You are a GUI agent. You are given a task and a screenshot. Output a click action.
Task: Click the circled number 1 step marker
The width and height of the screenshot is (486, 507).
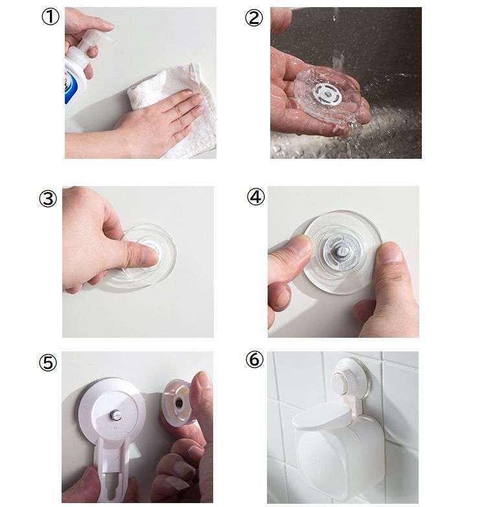point(51,17)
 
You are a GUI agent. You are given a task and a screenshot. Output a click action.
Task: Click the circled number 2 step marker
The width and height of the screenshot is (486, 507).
point(253,18)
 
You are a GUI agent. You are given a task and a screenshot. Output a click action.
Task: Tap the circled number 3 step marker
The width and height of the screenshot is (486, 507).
point(48,198)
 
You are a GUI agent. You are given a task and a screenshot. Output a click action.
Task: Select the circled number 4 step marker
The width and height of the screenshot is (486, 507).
point(256,197)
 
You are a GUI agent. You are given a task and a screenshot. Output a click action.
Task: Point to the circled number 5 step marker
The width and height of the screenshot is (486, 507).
point(48,362)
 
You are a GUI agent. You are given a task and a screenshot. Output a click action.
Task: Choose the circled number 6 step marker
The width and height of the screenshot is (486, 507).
point(255,360)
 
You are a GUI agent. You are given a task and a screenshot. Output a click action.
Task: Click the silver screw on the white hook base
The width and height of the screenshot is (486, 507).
point(116,414)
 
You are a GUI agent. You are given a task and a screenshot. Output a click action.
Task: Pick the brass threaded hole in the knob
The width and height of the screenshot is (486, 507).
point(179,402)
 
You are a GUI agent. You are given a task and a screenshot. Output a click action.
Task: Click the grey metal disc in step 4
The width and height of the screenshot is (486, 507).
point(338,251)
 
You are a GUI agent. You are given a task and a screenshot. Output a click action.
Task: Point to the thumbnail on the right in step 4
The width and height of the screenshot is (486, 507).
point(390,252)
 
